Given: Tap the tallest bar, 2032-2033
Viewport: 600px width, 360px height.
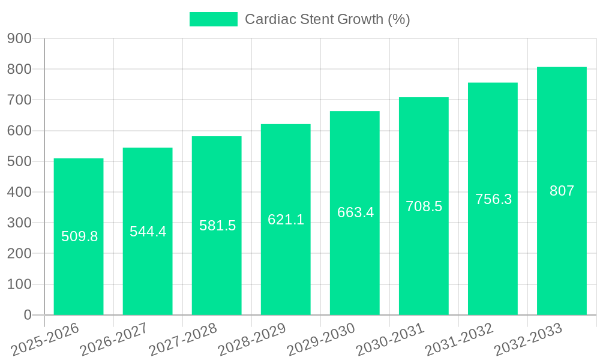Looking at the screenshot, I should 562,252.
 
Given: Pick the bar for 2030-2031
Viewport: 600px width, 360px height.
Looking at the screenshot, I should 424,264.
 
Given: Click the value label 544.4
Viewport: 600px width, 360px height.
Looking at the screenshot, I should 148,232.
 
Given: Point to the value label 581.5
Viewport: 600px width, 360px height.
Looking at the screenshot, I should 217,226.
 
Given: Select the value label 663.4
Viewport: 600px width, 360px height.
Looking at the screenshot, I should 355,212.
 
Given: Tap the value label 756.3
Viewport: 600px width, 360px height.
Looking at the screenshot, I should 493,199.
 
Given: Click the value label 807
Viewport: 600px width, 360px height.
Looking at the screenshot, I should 562,191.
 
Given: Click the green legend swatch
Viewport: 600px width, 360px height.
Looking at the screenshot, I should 213,19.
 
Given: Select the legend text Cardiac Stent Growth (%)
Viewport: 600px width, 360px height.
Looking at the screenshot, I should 327,19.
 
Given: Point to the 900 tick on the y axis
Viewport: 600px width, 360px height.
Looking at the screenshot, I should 19,38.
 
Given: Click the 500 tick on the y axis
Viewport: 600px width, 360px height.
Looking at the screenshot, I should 19,161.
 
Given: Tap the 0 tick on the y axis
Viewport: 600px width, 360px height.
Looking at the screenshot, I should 27,315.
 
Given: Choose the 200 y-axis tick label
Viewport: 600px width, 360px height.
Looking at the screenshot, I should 19,253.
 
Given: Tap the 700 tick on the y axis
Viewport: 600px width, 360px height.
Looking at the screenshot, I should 19,100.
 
